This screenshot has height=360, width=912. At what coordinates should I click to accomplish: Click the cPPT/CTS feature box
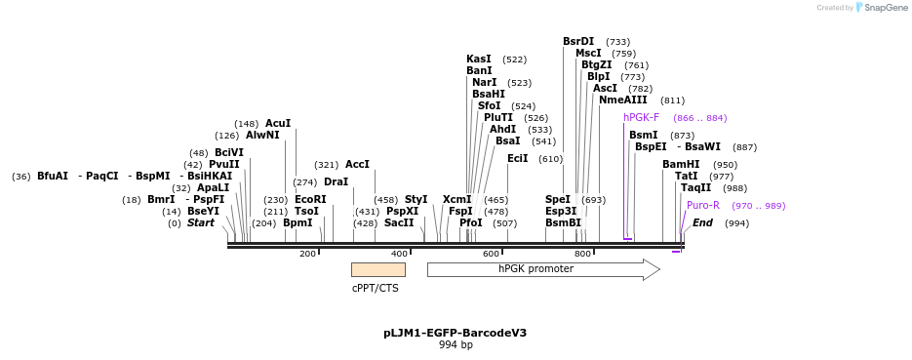coord(377,269)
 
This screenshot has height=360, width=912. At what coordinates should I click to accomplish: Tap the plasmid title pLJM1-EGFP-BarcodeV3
coord(455,333)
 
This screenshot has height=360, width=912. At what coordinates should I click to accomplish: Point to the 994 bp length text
coord(455,345)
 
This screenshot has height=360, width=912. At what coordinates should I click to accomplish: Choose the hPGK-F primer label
coord(642,118)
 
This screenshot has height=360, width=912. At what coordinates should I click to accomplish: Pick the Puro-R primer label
coord(702,206)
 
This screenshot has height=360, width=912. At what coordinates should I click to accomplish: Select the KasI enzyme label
coord(479,60)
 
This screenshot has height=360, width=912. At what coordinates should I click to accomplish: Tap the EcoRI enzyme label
coord(310,199)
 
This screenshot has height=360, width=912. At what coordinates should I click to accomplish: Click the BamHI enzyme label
coord(681,165)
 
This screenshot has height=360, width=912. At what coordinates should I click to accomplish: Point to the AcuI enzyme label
coord(278,124)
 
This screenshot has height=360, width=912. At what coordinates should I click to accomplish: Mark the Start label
coord(200,223)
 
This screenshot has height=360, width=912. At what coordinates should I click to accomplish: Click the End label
coord(702,223)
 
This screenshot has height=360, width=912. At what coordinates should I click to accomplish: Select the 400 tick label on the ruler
coord(399,254)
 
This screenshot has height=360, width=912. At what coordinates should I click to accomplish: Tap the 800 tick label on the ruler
coord(582,254)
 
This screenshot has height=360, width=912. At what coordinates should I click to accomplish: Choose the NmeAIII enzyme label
coord(622,100)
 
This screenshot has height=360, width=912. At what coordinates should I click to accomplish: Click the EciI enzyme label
coord(517,158)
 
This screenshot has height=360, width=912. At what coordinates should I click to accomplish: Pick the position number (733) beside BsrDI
coord(617,42)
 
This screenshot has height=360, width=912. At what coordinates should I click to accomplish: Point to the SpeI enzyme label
coord(558,199)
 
